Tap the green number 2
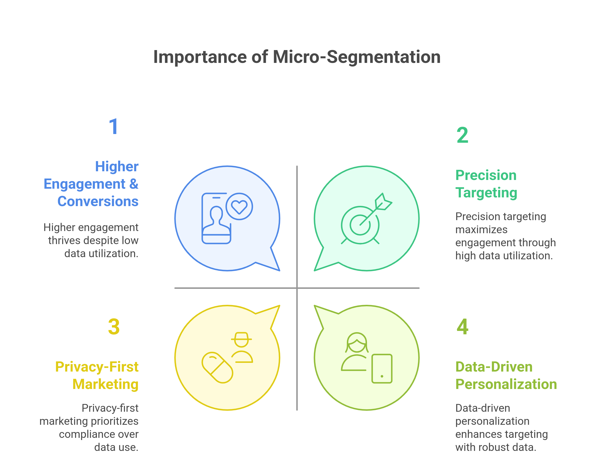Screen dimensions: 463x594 coord(462,135)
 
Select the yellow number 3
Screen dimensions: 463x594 coord(114,327)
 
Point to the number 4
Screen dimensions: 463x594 coord(462,327)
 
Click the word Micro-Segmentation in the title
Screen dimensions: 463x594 coord(356,57)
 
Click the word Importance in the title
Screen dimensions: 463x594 coord(200,57)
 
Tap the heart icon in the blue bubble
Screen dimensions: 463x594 coord(239,207)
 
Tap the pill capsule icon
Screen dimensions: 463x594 coord(217,368)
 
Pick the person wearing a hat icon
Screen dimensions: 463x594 coord(242,347)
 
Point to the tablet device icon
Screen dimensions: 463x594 coord(382,369)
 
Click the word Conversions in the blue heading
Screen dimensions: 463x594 coord(98,202)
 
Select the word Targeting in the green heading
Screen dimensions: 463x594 coord(486,193)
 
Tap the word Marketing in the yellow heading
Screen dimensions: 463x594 coord(105,384)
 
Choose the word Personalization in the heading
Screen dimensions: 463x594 coord(506,384)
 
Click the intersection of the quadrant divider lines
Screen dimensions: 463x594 coord(297,288)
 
